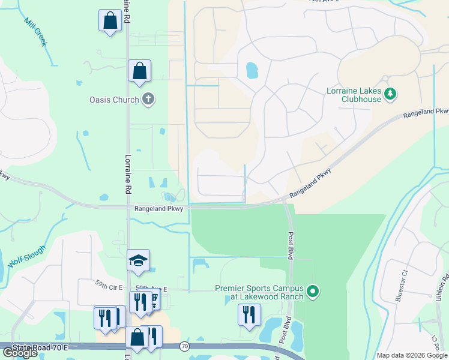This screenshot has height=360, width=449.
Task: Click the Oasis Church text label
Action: (x=114, y=100)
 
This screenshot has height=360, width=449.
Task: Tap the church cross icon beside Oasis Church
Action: (x=148, y=99)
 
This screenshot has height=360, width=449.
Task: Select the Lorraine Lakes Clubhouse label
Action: (x=354, y=95)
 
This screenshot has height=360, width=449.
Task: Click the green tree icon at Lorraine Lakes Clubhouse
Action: (x=390, y=93)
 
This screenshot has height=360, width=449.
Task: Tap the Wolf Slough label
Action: (x=27, y=256)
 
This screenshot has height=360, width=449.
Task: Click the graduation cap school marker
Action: (x=138, y=260)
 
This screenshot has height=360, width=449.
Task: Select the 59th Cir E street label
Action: (x=109, y=287)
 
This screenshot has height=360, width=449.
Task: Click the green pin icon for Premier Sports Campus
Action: (x=312, y=292)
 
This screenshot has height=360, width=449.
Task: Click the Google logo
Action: (x=20, y=353)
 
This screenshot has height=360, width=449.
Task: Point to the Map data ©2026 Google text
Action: (x=411, y=355)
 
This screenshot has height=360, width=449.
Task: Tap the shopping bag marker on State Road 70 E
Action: (x=137, y=338)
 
